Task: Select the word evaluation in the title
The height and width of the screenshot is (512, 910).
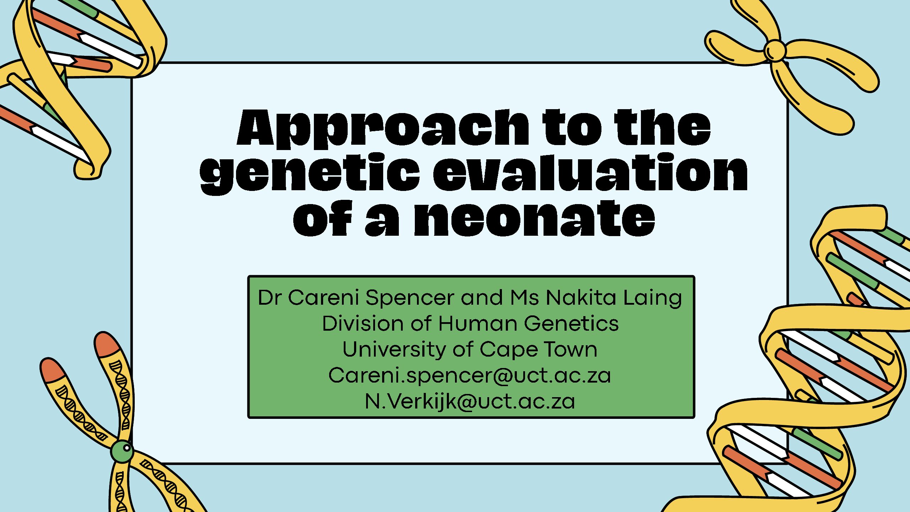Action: tap(590, 172)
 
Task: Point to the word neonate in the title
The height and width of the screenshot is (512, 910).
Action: tap(535, 218)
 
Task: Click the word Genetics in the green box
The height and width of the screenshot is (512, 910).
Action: tap(571, 324)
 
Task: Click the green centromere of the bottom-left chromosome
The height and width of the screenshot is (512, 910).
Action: tap(122, 451)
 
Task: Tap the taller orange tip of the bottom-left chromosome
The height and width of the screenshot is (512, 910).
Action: tap(106, 344)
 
